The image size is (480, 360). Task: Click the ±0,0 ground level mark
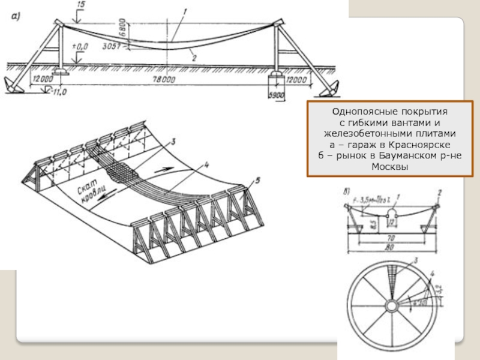[79, 46]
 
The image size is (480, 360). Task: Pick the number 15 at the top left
[82, 5]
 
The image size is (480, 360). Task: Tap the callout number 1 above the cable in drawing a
[187, 10]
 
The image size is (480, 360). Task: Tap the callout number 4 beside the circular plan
[431, 274]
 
